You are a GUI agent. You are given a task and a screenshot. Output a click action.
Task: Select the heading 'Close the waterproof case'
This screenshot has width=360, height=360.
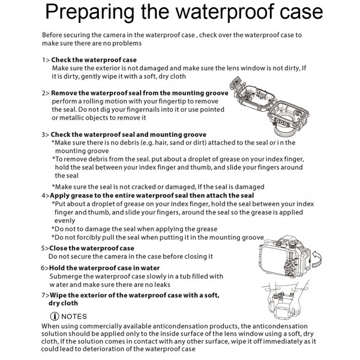(92, 248)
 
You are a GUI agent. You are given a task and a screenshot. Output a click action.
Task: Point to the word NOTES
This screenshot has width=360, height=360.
(74, 316)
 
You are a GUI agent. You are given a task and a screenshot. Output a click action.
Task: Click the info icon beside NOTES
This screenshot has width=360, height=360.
(55, 316)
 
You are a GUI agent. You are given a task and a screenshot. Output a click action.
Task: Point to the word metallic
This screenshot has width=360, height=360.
(67, 118)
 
